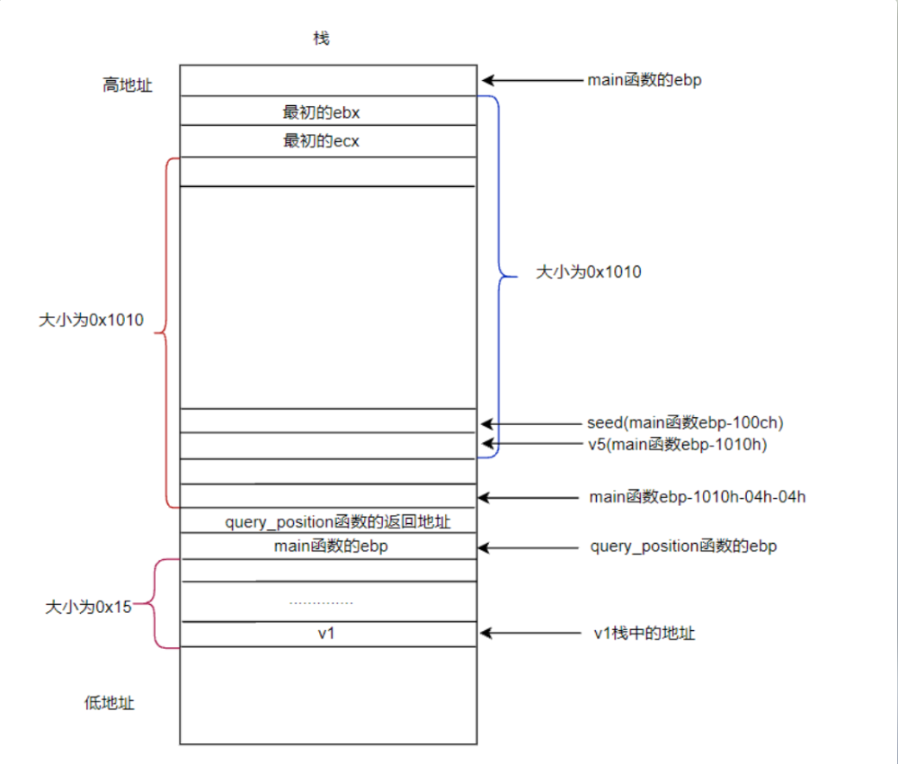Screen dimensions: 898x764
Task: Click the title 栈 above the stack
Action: (x=321, y=39)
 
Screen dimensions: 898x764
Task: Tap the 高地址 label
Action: (x=127, y=85)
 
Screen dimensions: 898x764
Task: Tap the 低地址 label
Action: (x=109, y=703)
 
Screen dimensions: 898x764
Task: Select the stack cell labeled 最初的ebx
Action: (x=328, y=111)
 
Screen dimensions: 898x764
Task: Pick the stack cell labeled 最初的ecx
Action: (x=328, y=141)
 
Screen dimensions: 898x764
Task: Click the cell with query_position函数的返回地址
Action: (x=328, y=520)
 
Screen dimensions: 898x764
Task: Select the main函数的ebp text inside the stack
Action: (x=331, y=546)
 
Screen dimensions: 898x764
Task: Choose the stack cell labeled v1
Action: (x=328, y=634)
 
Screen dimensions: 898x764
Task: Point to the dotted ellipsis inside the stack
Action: (x=321, y=603)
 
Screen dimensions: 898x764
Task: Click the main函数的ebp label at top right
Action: (x=645, y=80)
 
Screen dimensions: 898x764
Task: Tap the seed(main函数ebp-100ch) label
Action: (x=685, y=422)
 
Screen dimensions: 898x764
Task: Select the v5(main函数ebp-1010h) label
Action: (x=678, y=444)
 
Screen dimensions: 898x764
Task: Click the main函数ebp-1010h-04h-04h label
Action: (x=698, y=496)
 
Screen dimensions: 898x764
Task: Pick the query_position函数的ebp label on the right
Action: (x=684, y=546)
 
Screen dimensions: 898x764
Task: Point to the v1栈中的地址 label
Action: (x=645, y=634)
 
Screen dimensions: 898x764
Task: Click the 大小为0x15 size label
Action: (x=88, y=607)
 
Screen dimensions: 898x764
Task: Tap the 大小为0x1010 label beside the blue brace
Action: (x=588, y=271)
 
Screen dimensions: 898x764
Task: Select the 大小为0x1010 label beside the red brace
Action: (x=91, y=320)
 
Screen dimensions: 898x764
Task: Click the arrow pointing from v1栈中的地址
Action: (x=531, y=633)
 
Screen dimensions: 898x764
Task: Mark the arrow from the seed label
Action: (x=531, y=424)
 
